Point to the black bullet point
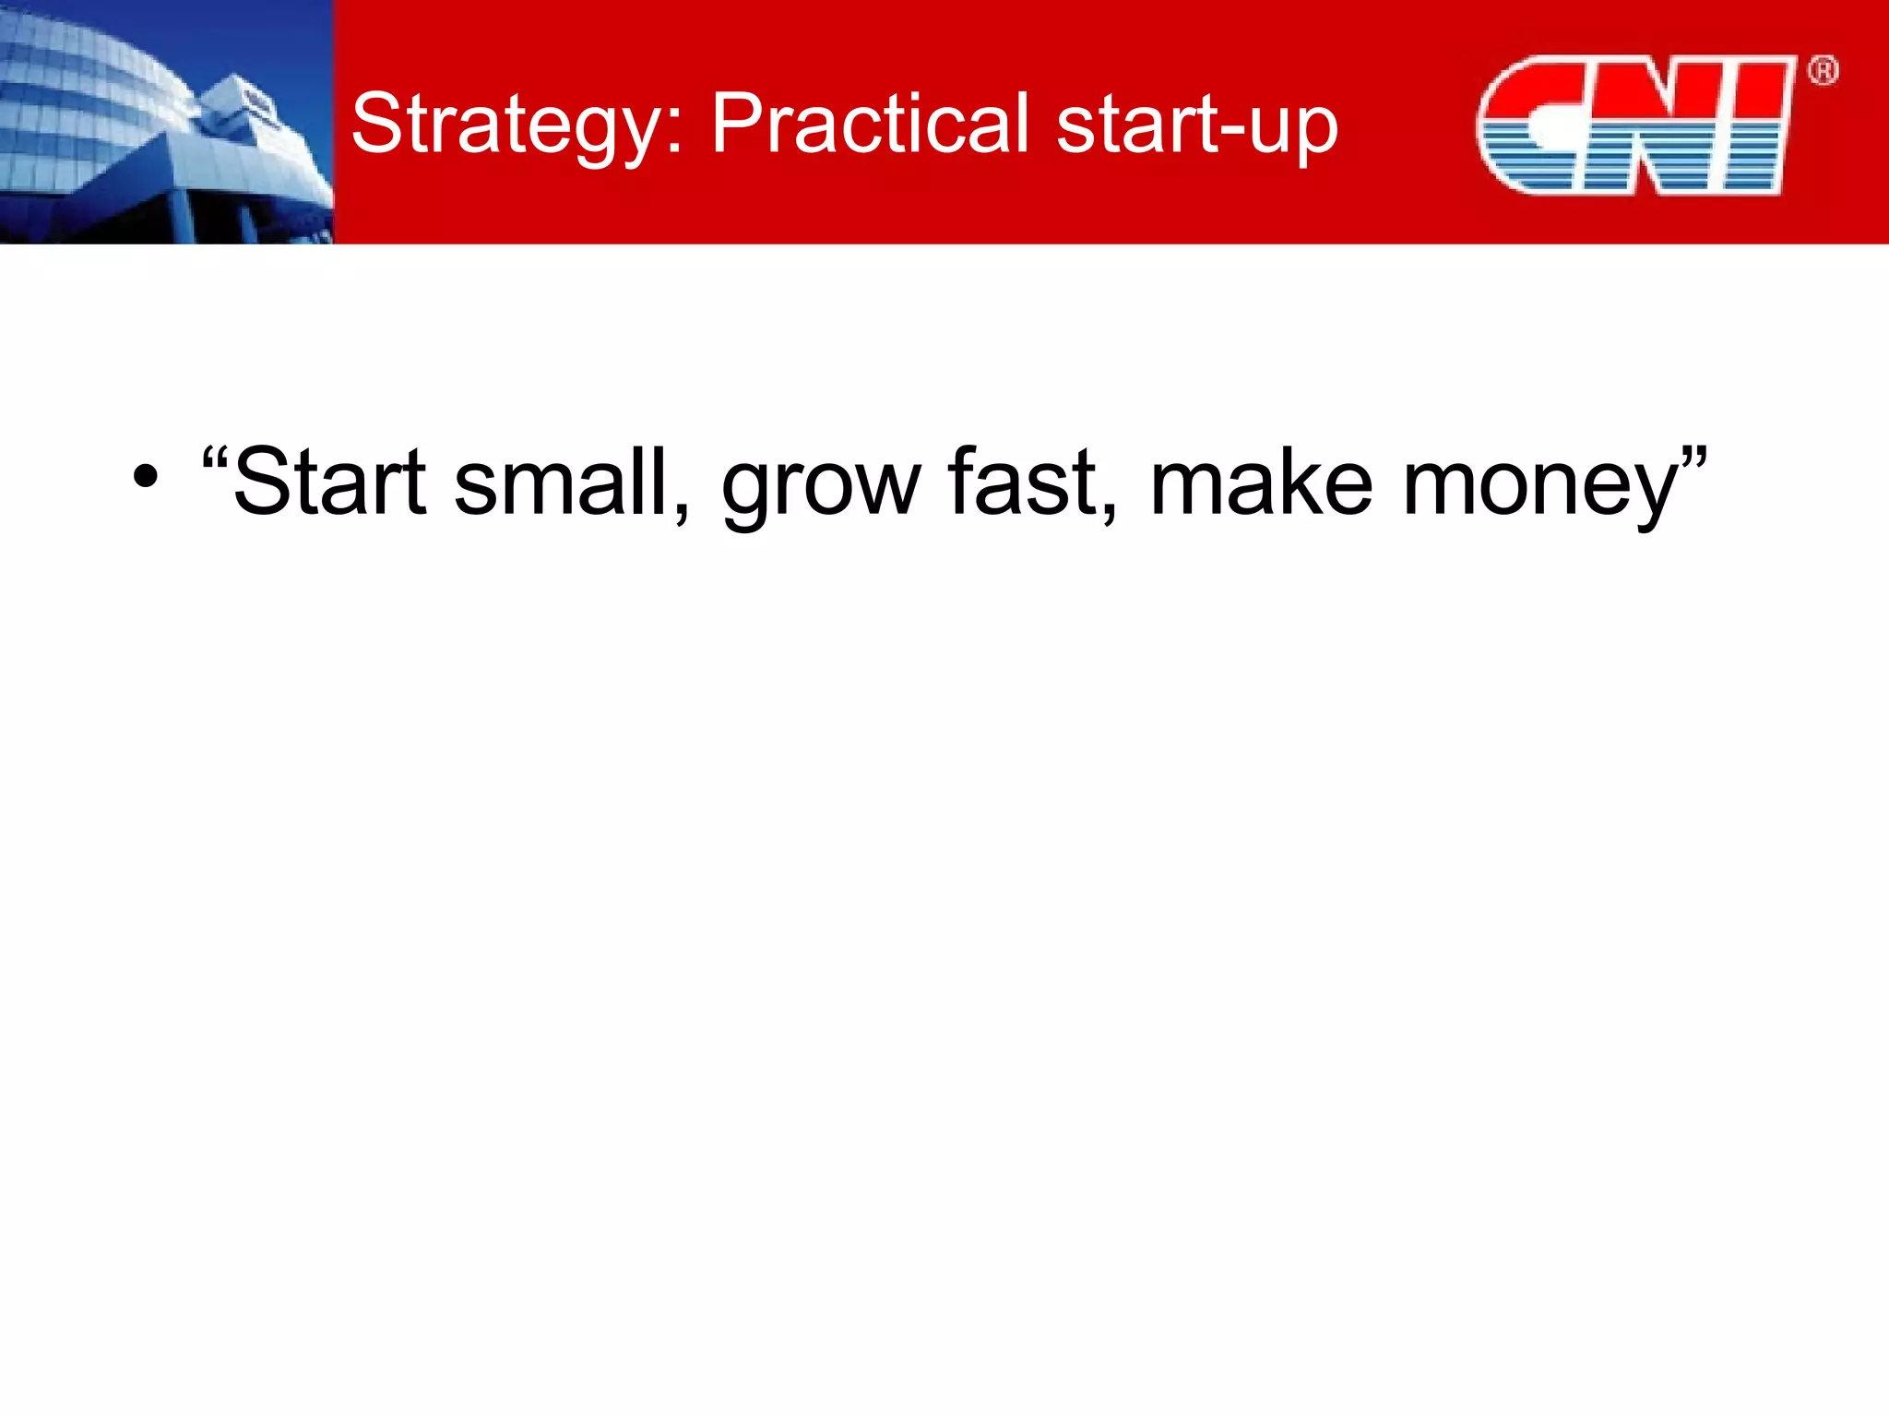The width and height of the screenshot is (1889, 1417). pos(145,478)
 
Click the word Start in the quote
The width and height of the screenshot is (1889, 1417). pos(329,482)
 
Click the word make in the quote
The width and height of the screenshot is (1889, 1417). pos(1261,482)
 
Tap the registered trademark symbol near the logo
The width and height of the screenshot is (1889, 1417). pos(1823,71)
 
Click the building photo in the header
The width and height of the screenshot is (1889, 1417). pos(166,122)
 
